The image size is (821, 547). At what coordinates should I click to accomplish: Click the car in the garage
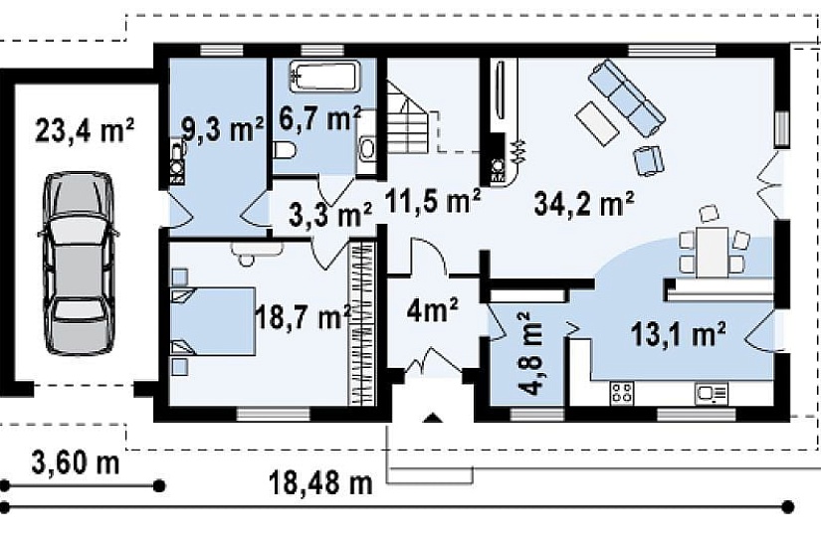pos(79,263)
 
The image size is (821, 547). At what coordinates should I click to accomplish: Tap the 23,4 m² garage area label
pos(85,130)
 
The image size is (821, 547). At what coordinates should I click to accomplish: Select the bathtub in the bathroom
pos(325,77)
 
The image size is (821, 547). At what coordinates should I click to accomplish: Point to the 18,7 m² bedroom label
pos(303,316)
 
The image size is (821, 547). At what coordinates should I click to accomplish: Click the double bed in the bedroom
pos(212,321)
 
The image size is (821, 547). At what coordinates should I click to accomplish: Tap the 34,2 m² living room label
pos(584,203)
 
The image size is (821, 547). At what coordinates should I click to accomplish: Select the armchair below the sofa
pos(648,160)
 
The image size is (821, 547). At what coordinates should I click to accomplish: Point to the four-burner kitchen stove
pos(622,393)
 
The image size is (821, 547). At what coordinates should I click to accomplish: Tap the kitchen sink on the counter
pos(712,393)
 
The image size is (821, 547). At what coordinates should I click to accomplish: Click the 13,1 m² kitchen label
pos(678,334)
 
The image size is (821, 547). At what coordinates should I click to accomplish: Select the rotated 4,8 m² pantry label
pos(529,354)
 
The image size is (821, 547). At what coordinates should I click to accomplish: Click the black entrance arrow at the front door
pos(433,417)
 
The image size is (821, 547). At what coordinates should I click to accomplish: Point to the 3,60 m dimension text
pos(76,462)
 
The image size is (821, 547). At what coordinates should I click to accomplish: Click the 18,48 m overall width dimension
pos(320,482)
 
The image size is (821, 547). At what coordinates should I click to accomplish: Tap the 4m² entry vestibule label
pos(433,311)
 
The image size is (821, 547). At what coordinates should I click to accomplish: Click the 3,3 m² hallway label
pos(330,215)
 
